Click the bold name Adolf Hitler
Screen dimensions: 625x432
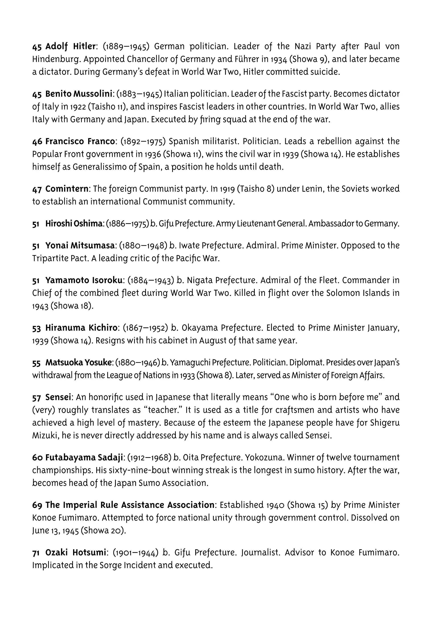(70, 47)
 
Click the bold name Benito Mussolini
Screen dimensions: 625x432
(78, 94)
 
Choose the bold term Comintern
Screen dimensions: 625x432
(67, 189)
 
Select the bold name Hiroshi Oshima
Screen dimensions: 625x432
(73, 224)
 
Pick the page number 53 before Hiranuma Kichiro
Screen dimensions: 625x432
(36, 328)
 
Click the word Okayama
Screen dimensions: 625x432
(199, 328)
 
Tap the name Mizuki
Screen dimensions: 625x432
(44, 436)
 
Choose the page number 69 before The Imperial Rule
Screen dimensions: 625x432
(37, 505)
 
